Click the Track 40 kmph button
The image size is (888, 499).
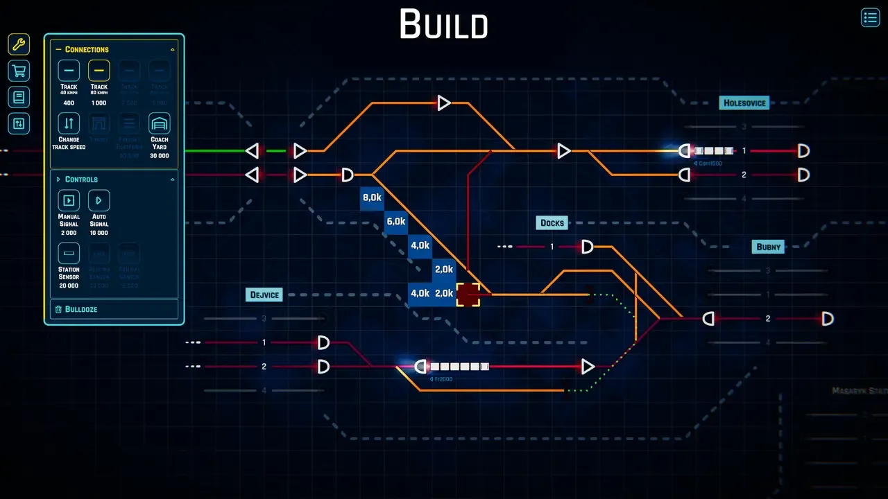[x=69, y=71]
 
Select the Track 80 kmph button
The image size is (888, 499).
[x=99, y=71]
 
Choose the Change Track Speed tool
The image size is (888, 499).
[x=69, y=124]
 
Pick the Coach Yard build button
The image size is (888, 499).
[x=159, y=124]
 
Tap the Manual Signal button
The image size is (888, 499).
[x=69, y=201]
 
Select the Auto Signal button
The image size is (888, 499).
[x=99, y=201]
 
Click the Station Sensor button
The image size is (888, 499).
[x=69, y=254]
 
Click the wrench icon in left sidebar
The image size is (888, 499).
[x=19, y=45]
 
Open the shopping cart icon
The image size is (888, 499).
[x=19, y=71]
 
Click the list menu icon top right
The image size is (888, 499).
[x=870, y=17]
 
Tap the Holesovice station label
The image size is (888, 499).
[x=744, y=103]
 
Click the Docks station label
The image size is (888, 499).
[x=552, y=223]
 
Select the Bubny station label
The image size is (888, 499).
[x=768, y=247]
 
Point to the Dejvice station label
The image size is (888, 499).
[x=265, y=295]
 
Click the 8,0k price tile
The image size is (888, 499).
[x=372, y=198]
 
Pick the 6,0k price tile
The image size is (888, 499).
[x=395, y=222]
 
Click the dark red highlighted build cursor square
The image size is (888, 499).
[x=468, y=295]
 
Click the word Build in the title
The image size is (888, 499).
[x=443, y=25]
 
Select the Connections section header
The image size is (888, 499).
[x=87, y=50]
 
